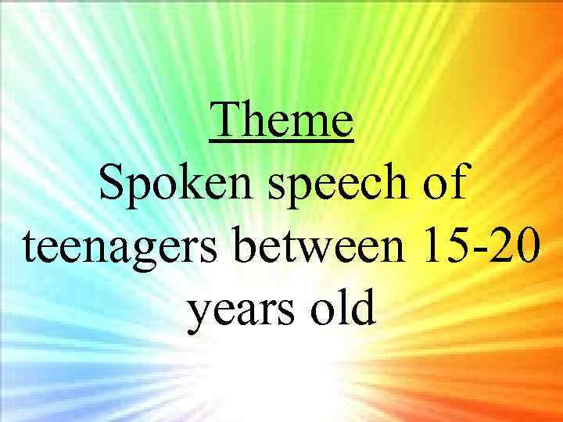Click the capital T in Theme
(x=224, y=121)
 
